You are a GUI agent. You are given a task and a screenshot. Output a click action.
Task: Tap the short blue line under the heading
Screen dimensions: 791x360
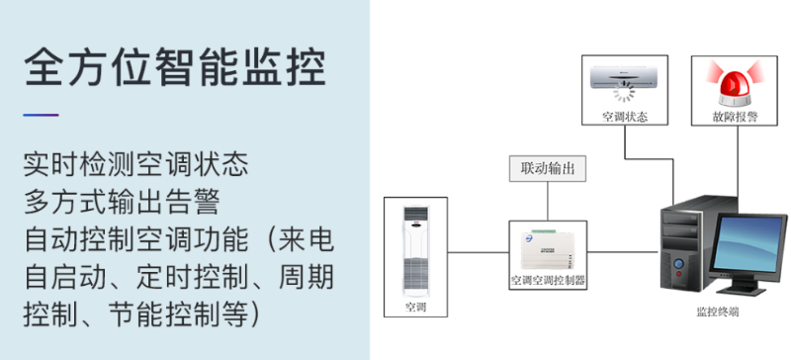(x=41, y=115)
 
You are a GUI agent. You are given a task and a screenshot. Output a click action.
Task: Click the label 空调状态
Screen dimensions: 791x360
(x=625, y=117)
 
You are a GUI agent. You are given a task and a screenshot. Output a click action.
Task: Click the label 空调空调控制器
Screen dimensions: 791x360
(x=547, y=280)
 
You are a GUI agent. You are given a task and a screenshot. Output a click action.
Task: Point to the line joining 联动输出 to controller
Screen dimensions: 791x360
(x=547, y=202)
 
